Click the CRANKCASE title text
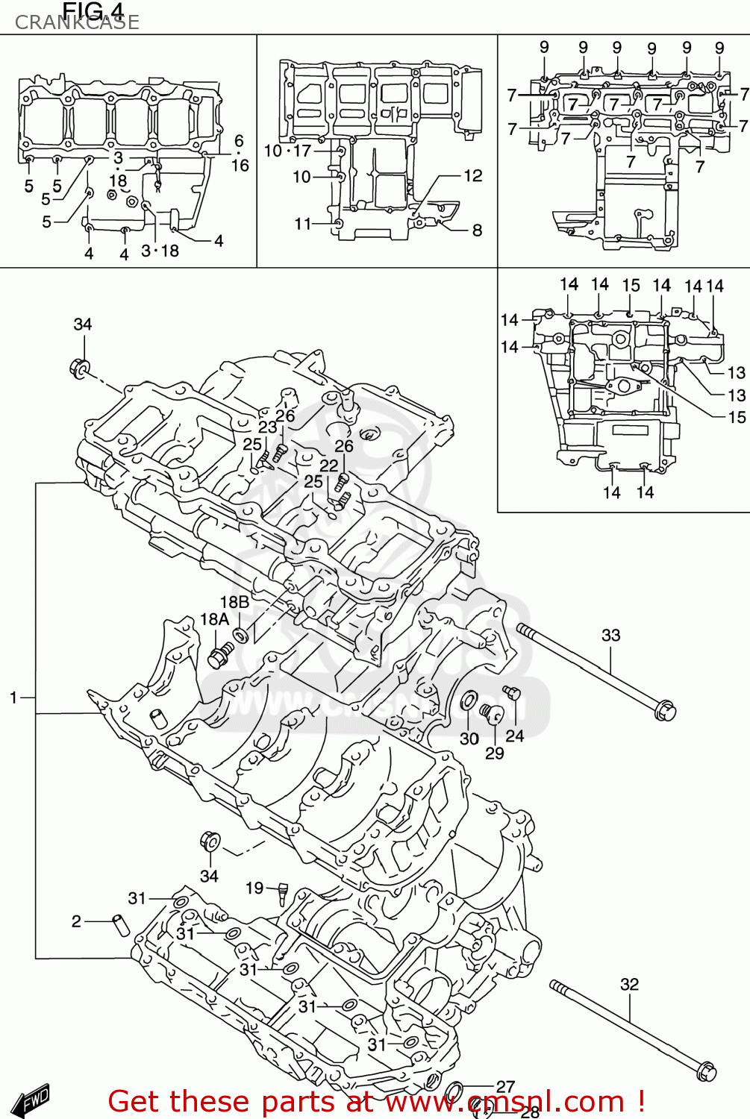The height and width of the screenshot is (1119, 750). tap(77, 22)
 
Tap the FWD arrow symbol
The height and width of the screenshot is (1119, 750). tap(34, 1099)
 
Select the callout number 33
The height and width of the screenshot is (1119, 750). tap(610, 635)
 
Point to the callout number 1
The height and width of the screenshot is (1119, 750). tap(13, 698)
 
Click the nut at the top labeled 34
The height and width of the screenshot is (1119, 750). tap(80, 368)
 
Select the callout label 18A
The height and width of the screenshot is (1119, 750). tap(214, 619)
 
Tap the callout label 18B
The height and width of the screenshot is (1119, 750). tap(234, 601)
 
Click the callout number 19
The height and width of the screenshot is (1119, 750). tap(254, 888)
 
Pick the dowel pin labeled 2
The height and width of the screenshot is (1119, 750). tap(121, 924)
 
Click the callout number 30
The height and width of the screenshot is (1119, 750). tap(469, 739)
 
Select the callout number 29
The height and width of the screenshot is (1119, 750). tap(495, 753)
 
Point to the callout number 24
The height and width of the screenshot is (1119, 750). tap(515, 736)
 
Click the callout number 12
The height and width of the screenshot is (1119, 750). tap(473, 175)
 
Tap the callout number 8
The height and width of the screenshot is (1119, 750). tap(477, 230)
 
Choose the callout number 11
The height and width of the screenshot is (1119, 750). tap(302, 224)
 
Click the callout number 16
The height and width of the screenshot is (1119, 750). tap(240, 165)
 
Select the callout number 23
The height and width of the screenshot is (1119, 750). tap(267, 427)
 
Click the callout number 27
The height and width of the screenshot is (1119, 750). tap(505, 1087)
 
